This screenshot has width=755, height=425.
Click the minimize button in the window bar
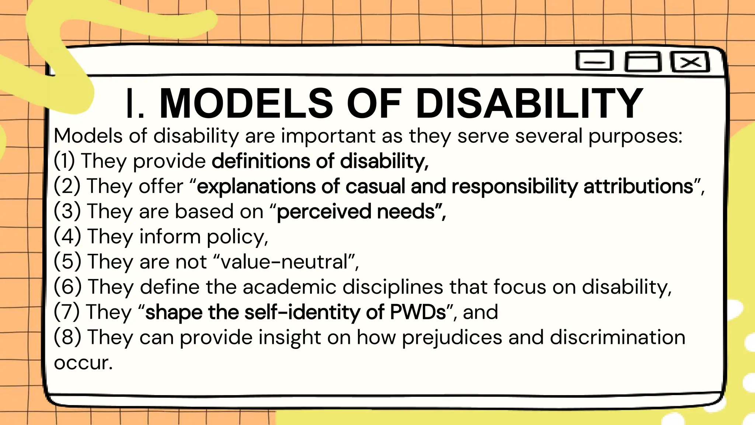(594, 61)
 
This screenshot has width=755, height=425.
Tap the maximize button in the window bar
(643, 62)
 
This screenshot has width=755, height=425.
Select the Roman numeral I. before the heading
(135, 104)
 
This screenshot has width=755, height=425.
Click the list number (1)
(65, 161)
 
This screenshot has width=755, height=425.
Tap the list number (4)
(67, 236)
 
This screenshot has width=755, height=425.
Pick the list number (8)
(67, 337)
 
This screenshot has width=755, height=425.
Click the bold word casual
(375, 186)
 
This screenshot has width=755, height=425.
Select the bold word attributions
(638, 186)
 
